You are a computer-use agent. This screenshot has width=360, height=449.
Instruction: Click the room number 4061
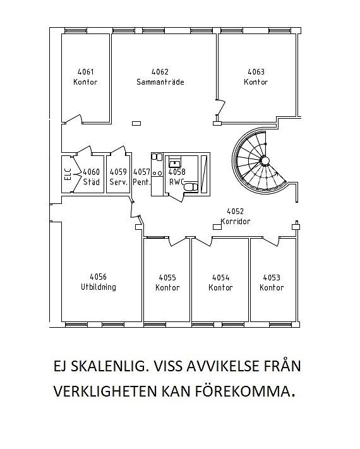86,71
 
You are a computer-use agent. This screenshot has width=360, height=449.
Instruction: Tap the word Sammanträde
160,82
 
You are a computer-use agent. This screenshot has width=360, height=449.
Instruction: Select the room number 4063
256,71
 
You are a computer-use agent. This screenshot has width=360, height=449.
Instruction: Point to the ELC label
68,174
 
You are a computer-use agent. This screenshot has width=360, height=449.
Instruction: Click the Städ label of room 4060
92,182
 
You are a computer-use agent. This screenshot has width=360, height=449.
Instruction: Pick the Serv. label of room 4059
118,182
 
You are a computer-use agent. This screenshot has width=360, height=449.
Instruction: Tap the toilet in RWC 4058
190,187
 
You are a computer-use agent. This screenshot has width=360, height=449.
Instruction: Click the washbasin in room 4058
174,164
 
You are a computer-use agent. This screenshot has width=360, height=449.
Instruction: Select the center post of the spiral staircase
265,160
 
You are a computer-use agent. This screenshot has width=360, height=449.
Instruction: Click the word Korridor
236,222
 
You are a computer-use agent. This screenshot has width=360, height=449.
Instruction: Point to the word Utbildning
99,287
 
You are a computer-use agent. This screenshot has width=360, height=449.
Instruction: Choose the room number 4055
167,277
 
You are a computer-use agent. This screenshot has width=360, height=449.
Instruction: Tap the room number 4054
220,277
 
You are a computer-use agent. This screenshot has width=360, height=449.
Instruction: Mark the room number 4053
272,277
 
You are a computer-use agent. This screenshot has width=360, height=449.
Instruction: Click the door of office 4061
73,119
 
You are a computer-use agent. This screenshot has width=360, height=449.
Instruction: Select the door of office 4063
220,107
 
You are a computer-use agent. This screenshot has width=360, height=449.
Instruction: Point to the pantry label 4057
141,172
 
